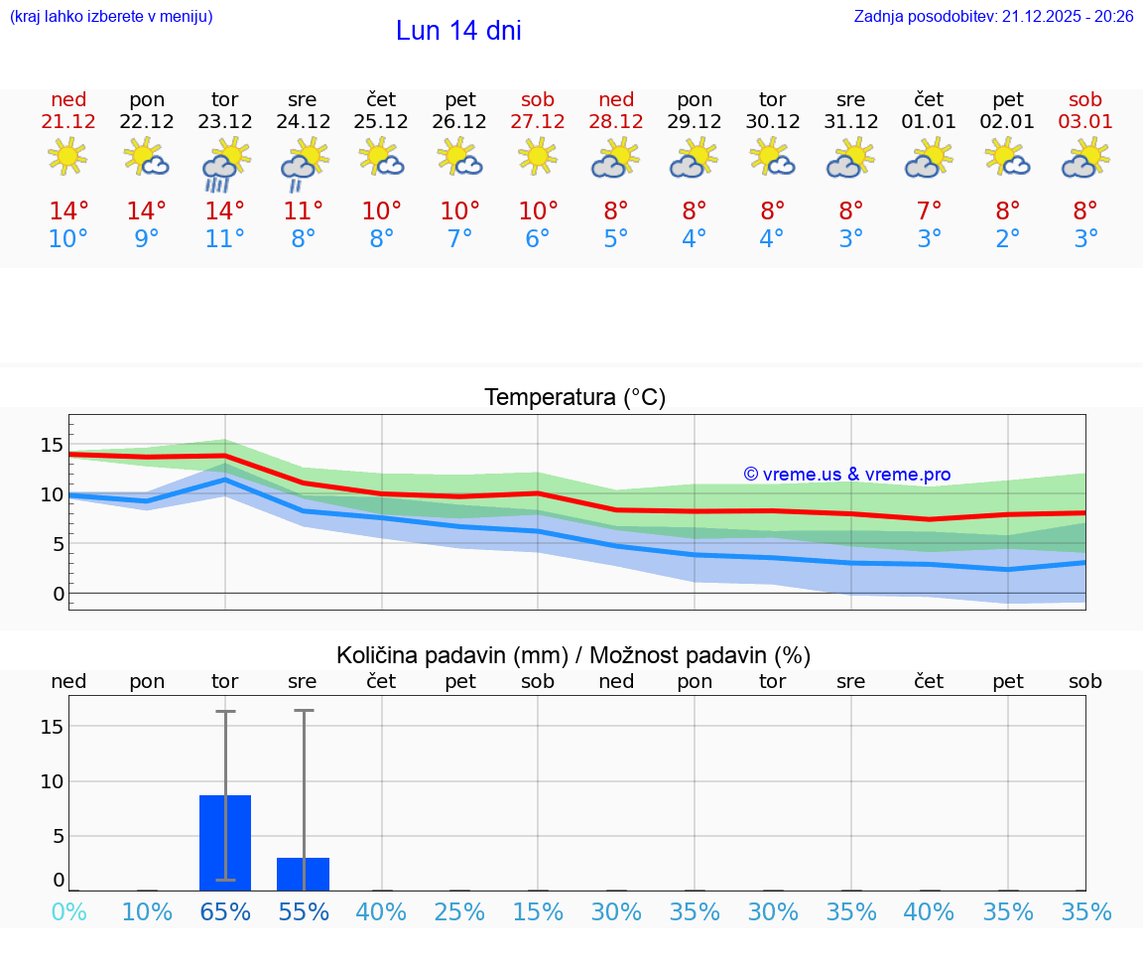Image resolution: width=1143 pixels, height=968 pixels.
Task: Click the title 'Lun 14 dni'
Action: (x=458, y=31)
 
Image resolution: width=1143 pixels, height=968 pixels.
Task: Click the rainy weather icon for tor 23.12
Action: (x=225, y=165)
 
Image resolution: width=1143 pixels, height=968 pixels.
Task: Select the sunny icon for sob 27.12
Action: (x=538, y=157)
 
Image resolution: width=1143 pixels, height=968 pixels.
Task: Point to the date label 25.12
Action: (x=381, y=122)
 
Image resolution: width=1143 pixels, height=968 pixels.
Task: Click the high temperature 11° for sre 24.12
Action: (x=304, y=210)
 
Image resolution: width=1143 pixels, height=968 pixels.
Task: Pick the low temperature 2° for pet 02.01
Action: (x=1008, y=238)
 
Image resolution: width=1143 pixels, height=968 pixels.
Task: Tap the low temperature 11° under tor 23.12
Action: (x=225, y=238)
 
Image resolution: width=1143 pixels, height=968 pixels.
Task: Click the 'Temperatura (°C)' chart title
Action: (x=574, y=398)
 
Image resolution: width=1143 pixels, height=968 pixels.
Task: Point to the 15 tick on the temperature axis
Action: (x=52, y=444)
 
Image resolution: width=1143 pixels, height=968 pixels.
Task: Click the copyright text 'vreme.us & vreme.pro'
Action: (x=846, y=475)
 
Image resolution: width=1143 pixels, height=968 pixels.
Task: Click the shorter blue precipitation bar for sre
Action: (x=304, y=874)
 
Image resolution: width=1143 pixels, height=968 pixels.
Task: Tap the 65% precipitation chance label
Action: (x=225, y=911)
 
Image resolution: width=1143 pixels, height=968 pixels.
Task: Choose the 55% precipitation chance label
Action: (x=304, y=911)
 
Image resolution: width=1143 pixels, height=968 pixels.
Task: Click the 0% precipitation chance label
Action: (x=68, y=911)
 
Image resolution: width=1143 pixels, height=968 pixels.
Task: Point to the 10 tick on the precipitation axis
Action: (x=52, y=781)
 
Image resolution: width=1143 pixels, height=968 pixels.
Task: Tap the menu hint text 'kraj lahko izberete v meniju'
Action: (x=111, y=17)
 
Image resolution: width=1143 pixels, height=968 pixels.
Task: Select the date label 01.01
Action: (x=929, y=122)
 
